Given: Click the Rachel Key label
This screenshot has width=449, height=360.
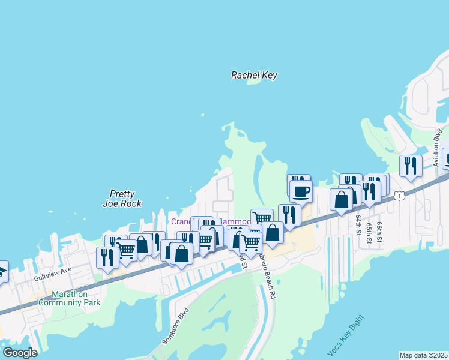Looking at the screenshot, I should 255,75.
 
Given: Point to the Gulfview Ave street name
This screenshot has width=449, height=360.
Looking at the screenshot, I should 52,274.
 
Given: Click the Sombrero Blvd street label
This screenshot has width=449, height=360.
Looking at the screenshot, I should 175,326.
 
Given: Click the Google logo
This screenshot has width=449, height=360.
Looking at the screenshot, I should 20,352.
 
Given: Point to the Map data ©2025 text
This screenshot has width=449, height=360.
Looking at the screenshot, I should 423,355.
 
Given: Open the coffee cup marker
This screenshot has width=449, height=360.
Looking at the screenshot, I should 301,192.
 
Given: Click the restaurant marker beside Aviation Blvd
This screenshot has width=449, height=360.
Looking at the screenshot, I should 411,166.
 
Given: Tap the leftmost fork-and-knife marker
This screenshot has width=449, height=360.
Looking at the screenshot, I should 107,257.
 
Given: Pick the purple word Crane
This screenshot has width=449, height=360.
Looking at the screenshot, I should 182,221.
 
